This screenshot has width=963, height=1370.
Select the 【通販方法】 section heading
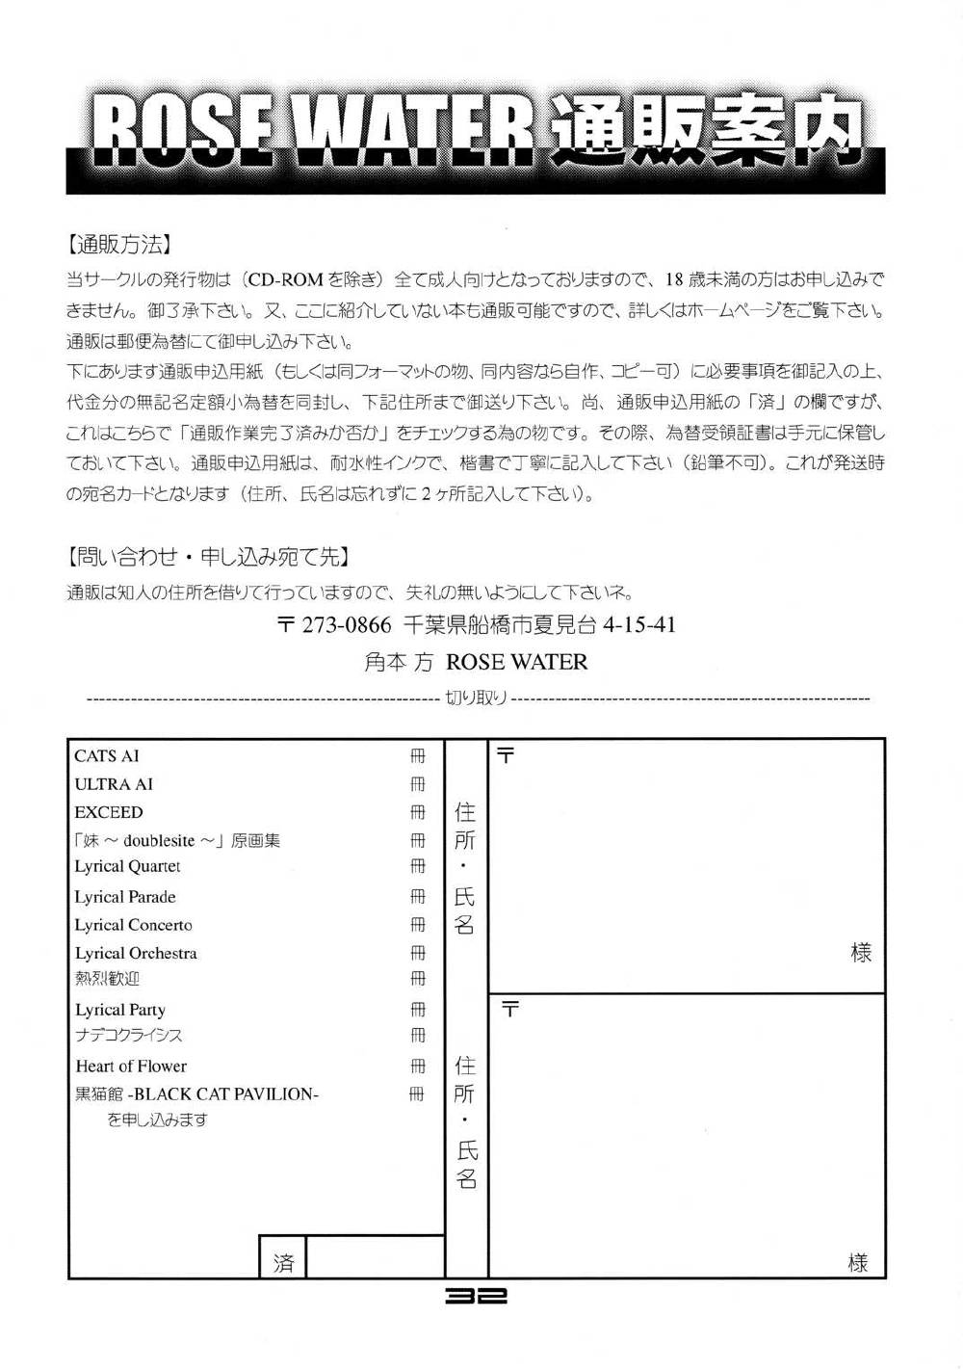coord(117,245)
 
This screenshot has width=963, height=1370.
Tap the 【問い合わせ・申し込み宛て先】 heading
coord(207,556)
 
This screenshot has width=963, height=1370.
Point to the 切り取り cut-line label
coord(476,698)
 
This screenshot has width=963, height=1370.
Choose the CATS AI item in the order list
coord(107,756)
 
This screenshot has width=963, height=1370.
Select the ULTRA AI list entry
coord(114,784)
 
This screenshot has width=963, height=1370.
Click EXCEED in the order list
coord(109,812)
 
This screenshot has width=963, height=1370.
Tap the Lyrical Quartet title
coord(128,867)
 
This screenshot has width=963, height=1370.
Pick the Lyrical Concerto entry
coord(134,925)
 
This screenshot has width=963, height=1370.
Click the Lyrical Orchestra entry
coord(136,953)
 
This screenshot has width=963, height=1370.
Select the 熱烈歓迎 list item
coord(107,979)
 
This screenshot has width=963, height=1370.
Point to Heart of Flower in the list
coord(131,1067)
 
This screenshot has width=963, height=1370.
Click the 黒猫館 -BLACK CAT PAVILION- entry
coord(196,1094)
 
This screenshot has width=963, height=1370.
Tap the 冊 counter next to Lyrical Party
coord(417,1010)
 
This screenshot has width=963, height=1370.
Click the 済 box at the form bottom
coord(283,1262)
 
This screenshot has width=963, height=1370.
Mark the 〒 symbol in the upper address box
coord(506,756)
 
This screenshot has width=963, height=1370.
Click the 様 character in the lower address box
coord(857,1262)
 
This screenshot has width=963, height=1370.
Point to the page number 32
coord(476,1297)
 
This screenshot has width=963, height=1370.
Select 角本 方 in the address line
coord(399,662)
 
